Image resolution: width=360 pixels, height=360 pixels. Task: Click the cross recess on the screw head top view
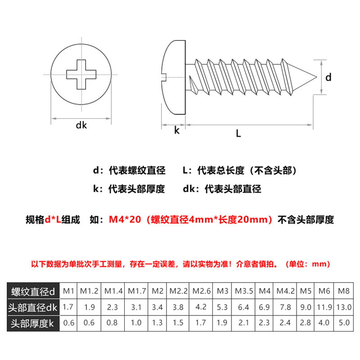tap(81, 74)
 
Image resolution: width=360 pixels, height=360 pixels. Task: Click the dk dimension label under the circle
tap(81, 126)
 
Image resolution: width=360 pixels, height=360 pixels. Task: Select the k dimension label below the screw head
tap(176, 131)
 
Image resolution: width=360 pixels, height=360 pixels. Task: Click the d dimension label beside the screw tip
tap(328, 77)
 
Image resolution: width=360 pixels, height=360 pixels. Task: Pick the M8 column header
tap(343, 291)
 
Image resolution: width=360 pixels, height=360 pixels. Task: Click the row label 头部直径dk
tap(34, 307)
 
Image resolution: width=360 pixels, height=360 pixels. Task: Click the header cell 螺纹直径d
tap(34, 291)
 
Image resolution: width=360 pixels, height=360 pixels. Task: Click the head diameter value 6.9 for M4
tap(265, 307)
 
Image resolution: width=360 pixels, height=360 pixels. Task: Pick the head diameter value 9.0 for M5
tap(306, 307)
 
